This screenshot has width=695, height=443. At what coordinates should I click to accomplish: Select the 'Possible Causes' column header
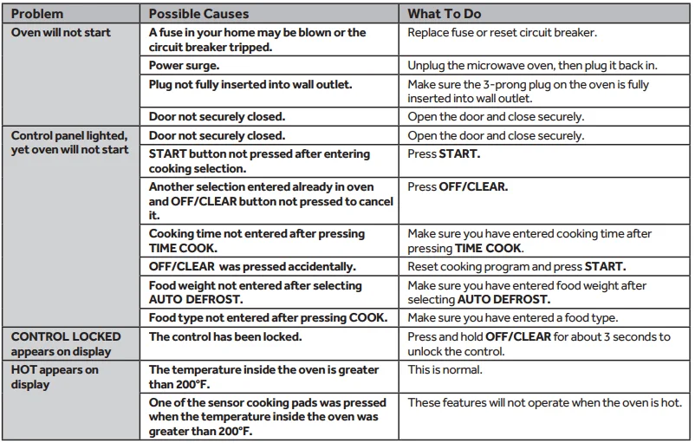pyautogui.click(x=198, y=15)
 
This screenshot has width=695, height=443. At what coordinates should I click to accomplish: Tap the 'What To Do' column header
pyautogui.click(x=445, y=15)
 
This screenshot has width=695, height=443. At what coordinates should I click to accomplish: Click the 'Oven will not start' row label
pyautogui.click(x=61, y=33)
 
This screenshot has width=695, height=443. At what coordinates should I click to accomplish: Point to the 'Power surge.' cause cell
pyautogui.click(x=185, y=65)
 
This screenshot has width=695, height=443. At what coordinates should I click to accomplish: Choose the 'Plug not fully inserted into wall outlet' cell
pyautogui.click(x=250, y=84)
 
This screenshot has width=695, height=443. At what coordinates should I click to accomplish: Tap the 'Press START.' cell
pyautogui.click(x=444, y=154)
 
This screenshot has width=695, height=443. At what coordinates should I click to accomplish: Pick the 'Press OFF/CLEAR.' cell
pyautogui.click(x=458, y=187)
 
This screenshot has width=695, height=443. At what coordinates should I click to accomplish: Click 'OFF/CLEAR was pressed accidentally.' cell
pyautogui.click(x=252, y=266)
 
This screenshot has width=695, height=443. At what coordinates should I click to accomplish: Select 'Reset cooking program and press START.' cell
pyautogui.click(x=516, y=266)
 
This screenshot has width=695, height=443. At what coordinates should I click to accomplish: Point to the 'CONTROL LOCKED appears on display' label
pyautogui.click(x=65, y=343)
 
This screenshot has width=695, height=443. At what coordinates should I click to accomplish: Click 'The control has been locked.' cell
pyautogui.click(x=225, y=336)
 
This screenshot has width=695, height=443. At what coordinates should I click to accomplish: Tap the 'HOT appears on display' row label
pyautogui.click(x=55, y=376)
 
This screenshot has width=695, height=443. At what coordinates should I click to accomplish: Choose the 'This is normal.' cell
pyautogui.click(x=445, y=369)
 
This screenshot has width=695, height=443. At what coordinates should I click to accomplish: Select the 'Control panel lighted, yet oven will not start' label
pyautogui.click(x=69, y=142)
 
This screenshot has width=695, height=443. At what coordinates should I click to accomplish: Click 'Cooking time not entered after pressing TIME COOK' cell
pyautogui.click(x=257, y=240)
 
